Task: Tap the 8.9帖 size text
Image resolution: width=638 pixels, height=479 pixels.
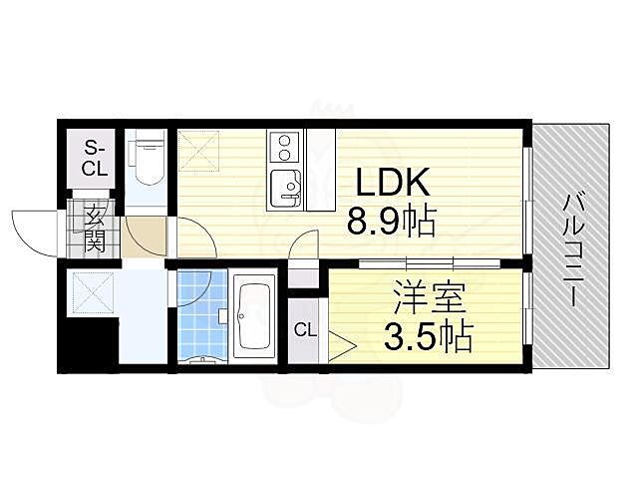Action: tap(392, 222)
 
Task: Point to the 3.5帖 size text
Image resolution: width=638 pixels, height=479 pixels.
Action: tap(429, 336)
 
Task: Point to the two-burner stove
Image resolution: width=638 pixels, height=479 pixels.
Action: tap(283, 149)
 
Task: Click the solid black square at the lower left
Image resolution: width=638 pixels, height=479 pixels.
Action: tap(88, 344)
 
